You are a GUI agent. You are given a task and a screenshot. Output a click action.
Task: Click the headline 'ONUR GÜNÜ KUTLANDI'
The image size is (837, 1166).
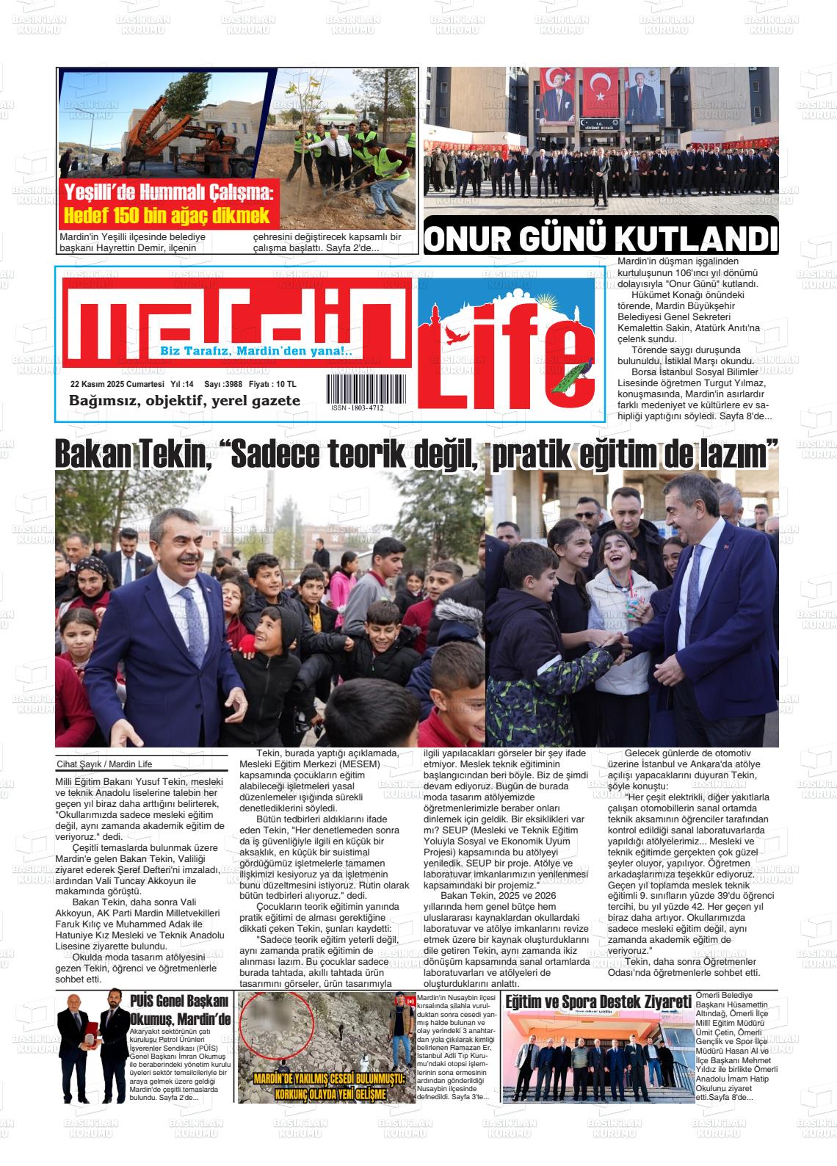tap(601, 239)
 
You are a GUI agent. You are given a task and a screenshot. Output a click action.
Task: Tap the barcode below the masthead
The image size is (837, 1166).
tap(356, 388)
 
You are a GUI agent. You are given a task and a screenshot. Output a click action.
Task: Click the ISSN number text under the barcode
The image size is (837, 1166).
tap(357, 408)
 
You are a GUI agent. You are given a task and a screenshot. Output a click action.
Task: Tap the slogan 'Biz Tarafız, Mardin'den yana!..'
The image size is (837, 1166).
tap(256, 352)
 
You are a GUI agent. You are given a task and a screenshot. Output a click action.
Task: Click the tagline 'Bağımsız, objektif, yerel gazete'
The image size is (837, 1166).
tap(184, 401)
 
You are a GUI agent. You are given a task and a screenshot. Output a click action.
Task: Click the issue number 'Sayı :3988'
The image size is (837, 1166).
tap(222, 384)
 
